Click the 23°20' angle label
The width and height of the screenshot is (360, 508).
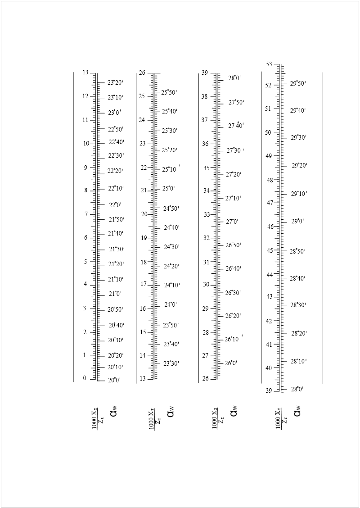[x=115, y=82]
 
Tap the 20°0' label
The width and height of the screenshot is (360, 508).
[x=114, y=380]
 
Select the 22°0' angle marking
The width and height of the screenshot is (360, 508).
[x=115, y=204]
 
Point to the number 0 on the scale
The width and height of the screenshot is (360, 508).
[x=84, y=378]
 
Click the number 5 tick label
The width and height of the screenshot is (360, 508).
[x=86, y=262]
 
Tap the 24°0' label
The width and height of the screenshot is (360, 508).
[x=171, y=304]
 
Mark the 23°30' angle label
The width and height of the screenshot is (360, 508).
[x=171, y=363]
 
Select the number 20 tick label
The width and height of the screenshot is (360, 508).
[x=144, y=214]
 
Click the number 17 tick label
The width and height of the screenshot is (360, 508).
[x=144, y=284]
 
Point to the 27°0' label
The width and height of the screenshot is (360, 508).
[x=232, y=222]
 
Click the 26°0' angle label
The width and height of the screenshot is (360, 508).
[x=231, y=363]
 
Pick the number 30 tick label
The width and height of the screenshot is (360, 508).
[x=206, y=284]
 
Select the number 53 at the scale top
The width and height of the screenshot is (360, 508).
[x=269, y=64]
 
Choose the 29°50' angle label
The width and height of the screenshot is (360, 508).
[x=298, y=83]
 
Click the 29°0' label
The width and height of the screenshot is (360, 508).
[x=298, y=221]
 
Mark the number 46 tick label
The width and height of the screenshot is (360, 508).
[x=270, y=227]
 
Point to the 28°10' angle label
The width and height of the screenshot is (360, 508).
[x=298, y=361]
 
